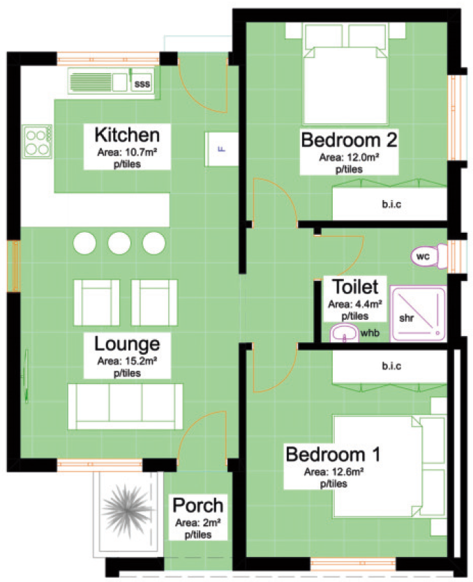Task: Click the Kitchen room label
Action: tap(127, 135)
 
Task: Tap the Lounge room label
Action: tap(127, 344)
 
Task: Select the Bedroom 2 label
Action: tap(349, 140)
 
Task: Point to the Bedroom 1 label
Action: tap(333, 454)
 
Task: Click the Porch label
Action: tap(198, 505)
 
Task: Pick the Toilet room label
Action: tap(355, 286)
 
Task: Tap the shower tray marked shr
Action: tap(418, 314)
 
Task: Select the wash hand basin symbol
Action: tap(345, 332)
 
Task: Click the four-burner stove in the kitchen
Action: tap(37, 141)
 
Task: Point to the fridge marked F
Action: tap(221, 149)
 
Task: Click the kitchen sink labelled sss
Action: tap(111, 82)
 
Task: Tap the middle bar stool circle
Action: tap(119, 243)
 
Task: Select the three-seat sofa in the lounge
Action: tap(125, 406)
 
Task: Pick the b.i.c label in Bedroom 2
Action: tap(391, 204)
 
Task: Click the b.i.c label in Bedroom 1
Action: tap(391, 366)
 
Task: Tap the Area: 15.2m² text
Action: tap(127, 361)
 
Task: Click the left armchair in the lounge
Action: tap(96, 303)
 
